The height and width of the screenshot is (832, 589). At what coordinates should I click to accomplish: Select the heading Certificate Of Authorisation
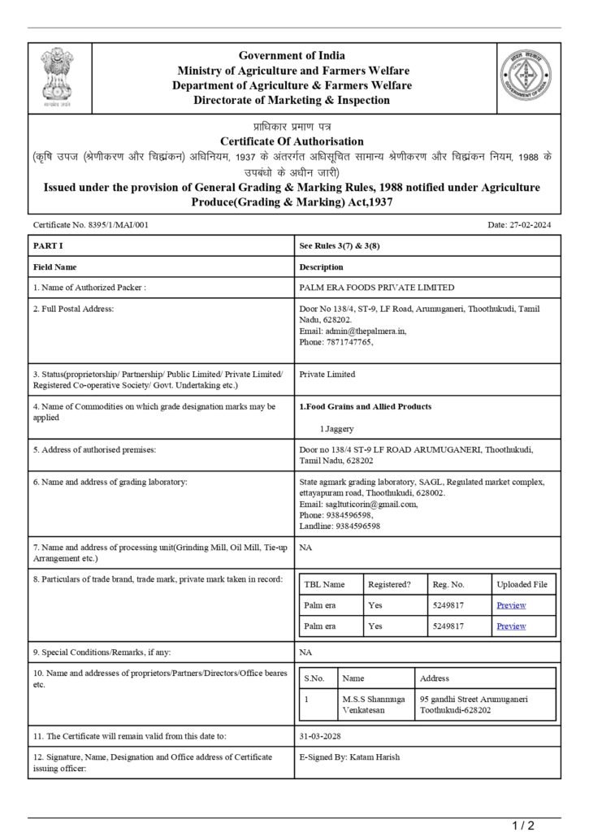294,141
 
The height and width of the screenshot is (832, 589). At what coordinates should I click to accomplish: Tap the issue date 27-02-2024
532,224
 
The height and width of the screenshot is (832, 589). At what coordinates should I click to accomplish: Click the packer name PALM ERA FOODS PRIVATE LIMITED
377,287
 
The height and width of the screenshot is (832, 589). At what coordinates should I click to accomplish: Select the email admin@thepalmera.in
364,331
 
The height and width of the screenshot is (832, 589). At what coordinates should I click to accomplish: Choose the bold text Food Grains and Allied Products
368,406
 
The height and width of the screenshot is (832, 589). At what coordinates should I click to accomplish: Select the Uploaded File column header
522,584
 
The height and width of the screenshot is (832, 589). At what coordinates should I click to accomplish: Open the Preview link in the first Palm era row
511,605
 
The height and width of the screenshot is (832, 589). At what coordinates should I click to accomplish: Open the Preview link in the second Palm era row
511,626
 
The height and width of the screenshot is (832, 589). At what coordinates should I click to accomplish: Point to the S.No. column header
314,678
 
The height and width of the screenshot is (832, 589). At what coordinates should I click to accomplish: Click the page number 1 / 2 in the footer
524,825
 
